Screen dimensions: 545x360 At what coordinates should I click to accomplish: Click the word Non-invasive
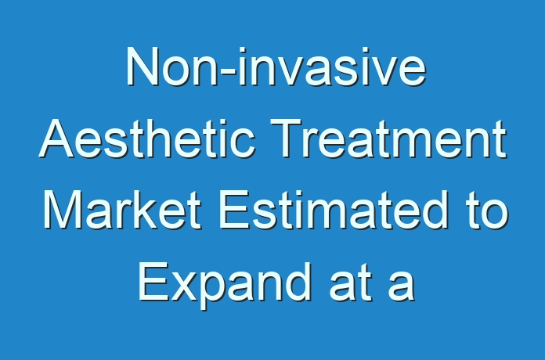276,67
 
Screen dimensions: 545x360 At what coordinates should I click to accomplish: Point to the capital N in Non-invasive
142,67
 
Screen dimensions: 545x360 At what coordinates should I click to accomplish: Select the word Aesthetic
147,139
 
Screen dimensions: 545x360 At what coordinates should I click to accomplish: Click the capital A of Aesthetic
56,139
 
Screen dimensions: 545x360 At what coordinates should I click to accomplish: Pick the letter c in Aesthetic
243,143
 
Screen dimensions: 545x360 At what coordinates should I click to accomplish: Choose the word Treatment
388,139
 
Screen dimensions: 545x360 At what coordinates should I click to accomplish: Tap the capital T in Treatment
286,139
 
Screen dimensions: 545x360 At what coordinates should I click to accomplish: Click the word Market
122,210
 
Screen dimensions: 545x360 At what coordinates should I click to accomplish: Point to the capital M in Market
62,210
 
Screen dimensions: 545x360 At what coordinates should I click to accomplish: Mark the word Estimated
333,210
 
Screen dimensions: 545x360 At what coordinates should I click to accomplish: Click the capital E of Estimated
234,210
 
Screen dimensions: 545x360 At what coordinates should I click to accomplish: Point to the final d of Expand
297,283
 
